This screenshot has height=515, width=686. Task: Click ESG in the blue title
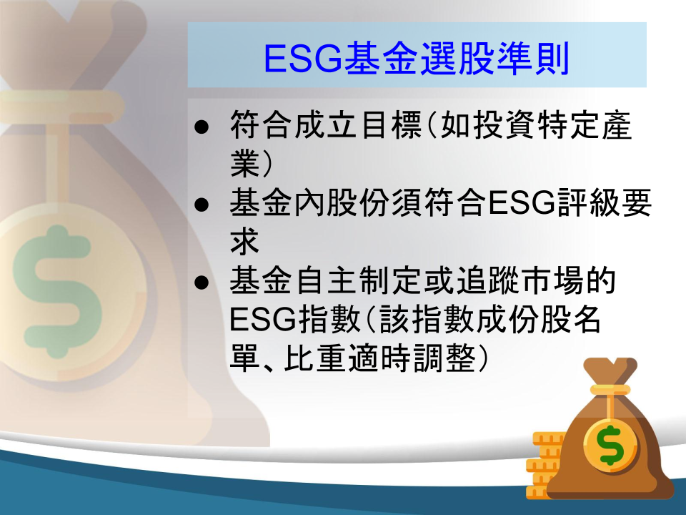tap(303, 59)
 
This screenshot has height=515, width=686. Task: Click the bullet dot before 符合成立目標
tap(202, 127)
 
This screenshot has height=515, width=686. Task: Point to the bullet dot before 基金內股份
tap(202, 205)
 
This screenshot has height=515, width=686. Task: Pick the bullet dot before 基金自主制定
tap(202, 283)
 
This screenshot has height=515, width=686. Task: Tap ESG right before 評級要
tap(522, 203)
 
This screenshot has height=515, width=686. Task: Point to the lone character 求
tap(245, 241)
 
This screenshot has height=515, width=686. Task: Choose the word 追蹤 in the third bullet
tap(488, 280)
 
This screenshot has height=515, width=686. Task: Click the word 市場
tap(553, 280)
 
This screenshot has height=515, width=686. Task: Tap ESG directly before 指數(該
tap(263, 320)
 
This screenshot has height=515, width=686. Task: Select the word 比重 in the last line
tap(316, 358)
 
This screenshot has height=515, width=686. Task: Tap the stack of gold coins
tap(543, 465)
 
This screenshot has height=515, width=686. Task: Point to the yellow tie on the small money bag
tap(610, 390)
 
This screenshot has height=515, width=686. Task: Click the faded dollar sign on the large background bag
tap(57, 292)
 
